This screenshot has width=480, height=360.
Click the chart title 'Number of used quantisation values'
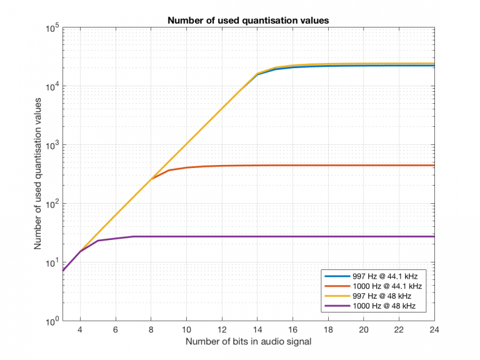click(248, 21)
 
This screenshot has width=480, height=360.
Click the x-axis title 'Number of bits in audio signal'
click(248, 342)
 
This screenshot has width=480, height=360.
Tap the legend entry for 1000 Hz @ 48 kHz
click(383, 306)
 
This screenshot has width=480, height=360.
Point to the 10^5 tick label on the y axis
click(51, 28)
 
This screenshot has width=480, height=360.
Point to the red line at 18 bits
click(327, 166)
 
